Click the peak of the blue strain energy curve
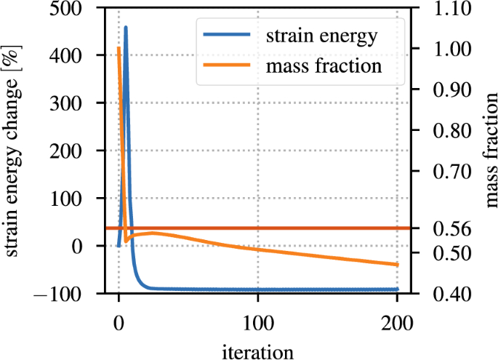tap(126, 28)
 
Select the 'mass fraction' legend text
tap(324, 66)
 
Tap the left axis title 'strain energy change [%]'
tap(15, 151)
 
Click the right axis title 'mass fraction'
tap(486, 151)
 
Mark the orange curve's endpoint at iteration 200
tap(397, 265)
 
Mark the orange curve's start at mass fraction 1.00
tap(119, 49)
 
